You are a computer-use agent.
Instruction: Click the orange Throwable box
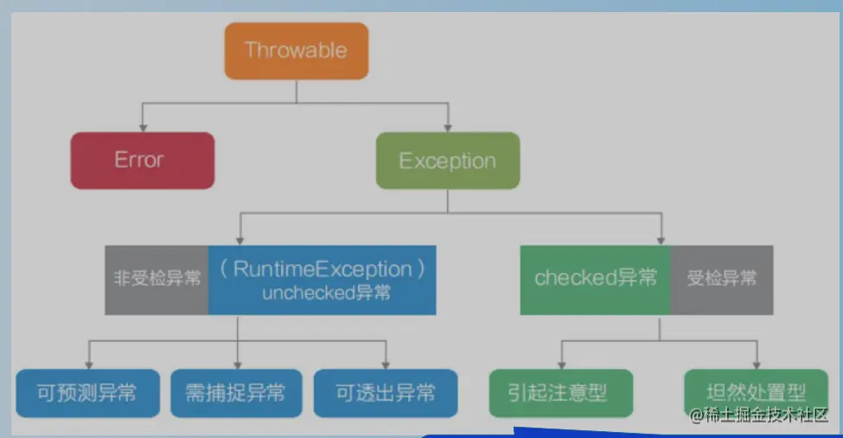297,50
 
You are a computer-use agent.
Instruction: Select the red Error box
142,160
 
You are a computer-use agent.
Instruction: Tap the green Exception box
447,161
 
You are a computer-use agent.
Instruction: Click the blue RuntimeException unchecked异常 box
322,279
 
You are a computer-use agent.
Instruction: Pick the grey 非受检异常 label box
156,279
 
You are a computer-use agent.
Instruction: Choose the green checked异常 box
595,278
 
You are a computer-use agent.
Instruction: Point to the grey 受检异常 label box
721,278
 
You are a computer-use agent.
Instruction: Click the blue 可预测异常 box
86,393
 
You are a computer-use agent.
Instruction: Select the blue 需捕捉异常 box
235,393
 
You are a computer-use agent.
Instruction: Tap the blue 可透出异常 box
385,393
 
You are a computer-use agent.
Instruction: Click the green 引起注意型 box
560,393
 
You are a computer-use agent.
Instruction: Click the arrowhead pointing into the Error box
142,126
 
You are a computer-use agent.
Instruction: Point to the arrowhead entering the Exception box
447,126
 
